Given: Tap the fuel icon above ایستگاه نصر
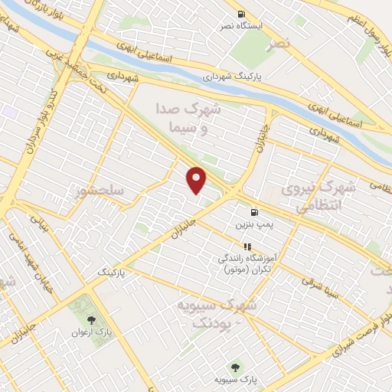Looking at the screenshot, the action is point(242,13).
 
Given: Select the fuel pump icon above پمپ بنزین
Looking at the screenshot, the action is point(251,213).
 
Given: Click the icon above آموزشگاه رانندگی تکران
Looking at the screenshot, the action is point(247,247).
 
